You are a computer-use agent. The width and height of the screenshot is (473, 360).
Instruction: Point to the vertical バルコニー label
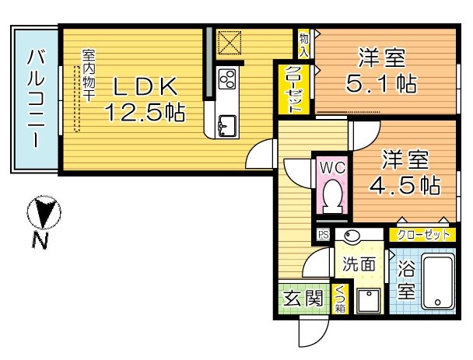35,100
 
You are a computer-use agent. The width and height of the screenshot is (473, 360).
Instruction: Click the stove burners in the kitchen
229,79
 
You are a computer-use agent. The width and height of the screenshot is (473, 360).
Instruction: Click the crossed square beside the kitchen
229,43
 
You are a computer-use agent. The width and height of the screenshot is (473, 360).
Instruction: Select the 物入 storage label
303,45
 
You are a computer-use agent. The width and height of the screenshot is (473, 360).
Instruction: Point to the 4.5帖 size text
405,185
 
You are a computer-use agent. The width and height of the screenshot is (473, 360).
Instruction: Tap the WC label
332,167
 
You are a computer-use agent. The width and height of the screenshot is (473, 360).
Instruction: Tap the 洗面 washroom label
359,264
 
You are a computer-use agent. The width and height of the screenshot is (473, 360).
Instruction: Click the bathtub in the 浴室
436,283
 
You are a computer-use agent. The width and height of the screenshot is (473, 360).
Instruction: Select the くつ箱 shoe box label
341,299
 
